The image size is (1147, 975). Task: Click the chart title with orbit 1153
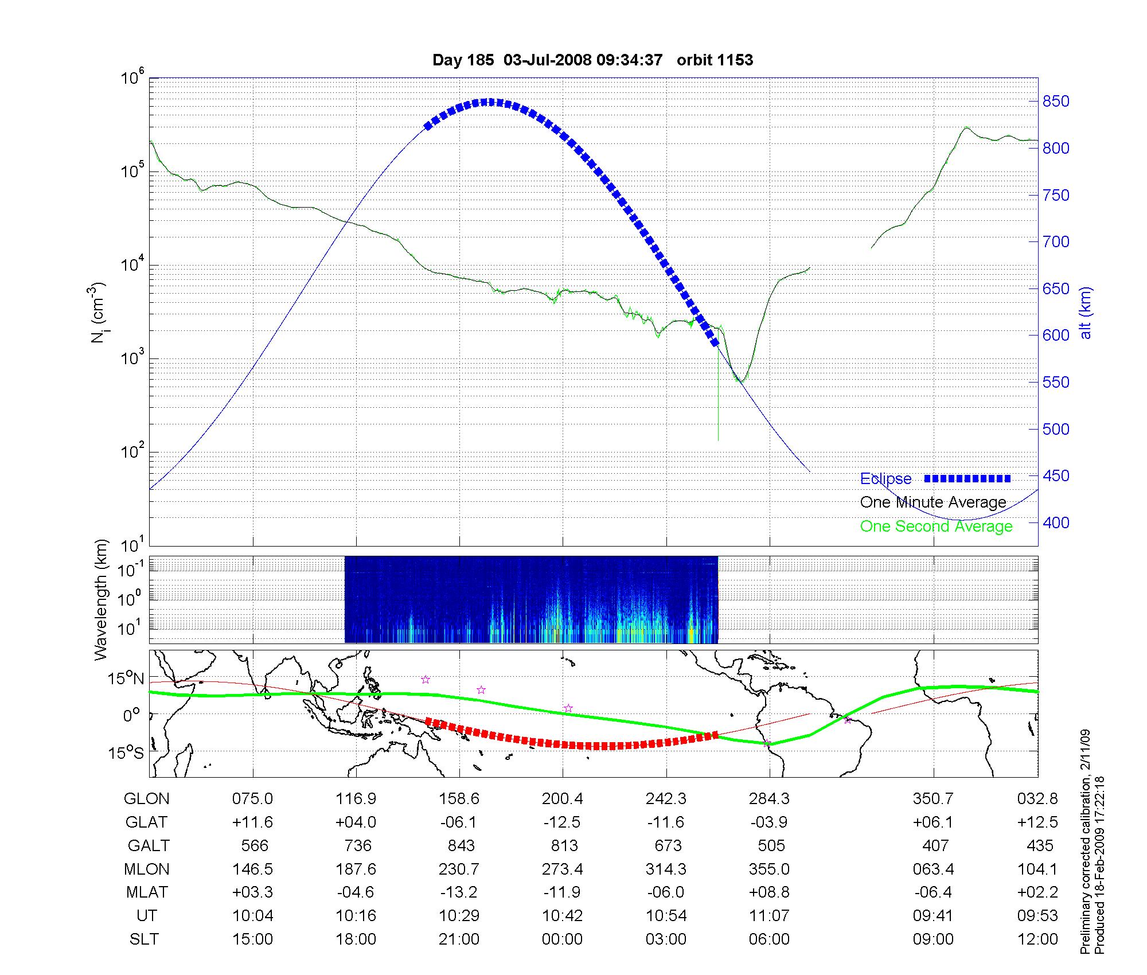[x=592, y=60]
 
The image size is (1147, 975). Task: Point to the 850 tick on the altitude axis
[x=1056, y=102]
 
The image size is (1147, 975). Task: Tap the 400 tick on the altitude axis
[x=1056, y=522]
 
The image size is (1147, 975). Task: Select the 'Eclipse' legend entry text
[x=885, y=479]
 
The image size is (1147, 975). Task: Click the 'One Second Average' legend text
[x=936, y=526]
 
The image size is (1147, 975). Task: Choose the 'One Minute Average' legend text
[x=933, y=502]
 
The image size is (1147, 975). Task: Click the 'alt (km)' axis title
[x=1086, y=313]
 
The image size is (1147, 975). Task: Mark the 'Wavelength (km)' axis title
[x=101, y=599]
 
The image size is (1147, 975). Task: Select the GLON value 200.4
[x=563, y=799]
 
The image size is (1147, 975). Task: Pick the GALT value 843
[x=461, y=845]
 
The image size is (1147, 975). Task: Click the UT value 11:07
[x=769, y=916]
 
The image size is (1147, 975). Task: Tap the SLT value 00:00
[x=563, y=939]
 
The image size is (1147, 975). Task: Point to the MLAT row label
[x=147, y=892]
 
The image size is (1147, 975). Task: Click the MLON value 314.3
[x=666, y=869]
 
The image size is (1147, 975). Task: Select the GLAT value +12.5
[x=1037, y=822]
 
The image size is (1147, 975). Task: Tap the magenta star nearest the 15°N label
[x=426, y=680]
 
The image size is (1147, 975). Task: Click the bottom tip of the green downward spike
[x=719, y=440]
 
